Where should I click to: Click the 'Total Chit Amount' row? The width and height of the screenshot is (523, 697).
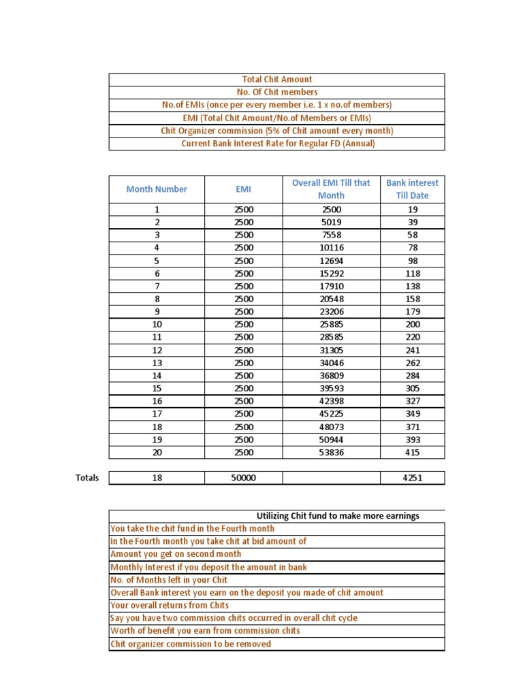coord(276,80)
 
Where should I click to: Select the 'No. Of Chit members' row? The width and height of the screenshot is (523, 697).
coord(276,92)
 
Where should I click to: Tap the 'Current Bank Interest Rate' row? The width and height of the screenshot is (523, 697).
coord(276,144)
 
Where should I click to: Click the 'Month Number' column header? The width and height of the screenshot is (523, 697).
coord(157,189)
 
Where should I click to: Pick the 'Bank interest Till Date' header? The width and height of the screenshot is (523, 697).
coord(412,189)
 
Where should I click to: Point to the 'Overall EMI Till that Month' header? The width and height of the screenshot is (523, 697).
coord(331,189)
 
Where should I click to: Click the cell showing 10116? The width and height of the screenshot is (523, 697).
coord(331,248)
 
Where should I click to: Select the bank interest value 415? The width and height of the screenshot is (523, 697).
coord(412,453)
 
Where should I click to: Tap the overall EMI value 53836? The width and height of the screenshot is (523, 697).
coord(331,453)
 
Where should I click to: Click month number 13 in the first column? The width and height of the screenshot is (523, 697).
coord(157,363)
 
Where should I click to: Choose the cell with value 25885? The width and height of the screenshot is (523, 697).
coord(331,325)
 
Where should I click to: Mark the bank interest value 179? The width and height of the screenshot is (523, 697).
coord(412,312)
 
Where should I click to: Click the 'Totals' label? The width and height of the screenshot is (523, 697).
coord(87,478)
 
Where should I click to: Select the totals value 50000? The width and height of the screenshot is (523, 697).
coord(243,478)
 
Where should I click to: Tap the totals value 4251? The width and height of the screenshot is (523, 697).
coord(412,478)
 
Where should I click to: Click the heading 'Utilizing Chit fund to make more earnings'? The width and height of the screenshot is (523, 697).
coord(338,516)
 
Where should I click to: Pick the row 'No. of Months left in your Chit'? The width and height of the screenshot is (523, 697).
coord(169,580)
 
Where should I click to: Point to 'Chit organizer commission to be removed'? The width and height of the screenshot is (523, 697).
coord(191,644)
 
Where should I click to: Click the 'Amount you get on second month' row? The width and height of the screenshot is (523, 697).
coord(176,554)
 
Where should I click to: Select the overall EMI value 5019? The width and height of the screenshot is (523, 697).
coord(331,223)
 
